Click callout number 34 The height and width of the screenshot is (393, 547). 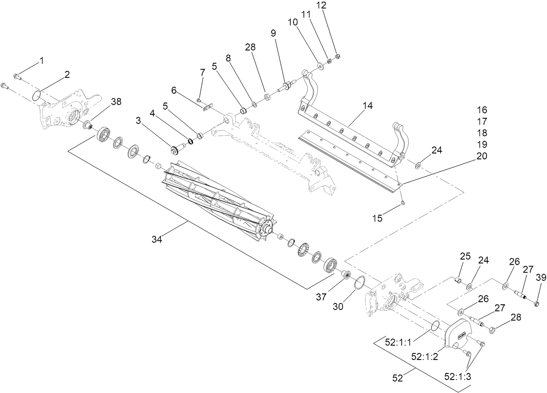(157, 239)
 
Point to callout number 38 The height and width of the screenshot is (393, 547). (116, 102)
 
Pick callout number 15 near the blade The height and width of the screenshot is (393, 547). (377, 218)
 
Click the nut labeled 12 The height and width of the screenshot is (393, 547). (338, 56)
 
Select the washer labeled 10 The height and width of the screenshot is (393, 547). (321, 66)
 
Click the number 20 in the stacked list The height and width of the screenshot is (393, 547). (482, 156)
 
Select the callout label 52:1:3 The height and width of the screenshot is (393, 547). (457, 376)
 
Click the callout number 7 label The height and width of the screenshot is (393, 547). (202, 72)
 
